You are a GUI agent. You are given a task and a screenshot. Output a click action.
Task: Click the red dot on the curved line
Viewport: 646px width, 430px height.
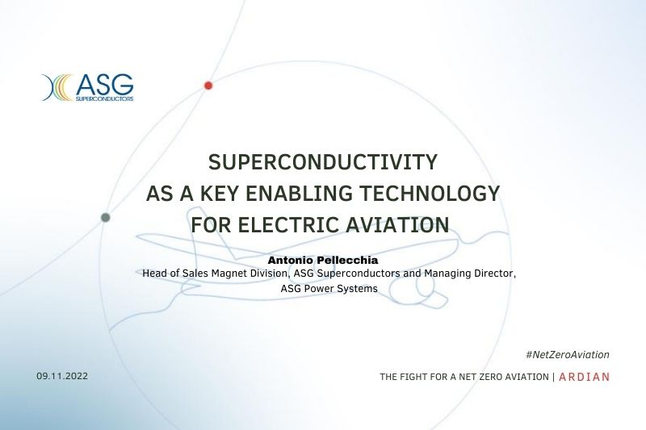coord(208,86)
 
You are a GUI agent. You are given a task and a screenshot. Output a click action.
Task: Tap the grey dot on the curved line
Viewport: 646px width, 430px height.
coord(106,217)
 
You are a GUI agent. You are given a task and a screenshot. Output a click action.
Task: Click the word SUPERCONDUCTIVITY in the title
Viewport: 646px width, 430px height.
coord(322,161)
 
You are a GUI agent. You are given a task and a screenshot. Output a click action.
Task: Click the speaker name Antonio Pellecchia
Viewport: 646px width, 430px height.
coord(323,260)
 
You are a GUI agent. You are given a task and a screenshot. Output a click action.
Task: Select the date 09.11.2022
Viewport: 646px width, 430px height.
coord(62,376)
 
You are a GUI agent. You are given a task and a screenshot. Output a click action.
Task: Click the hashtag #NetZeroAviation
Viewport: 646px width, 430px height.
coord(568,355)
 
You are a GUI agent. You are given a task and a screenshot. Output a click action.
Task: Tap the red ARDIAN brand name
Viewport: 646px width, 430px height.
coord(584,377)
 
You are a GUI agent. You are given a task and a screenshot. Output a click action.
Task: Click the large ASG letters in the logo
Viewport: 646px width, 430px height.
coord(105,85)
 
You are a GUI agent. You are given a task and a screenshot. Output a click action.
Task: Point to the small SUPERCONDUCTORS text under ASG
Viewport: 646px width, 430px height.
coord(105,98)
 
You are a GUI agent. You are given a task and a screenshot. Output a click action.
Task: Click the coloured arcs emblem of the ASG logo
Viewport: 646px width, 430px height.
coord(57,87)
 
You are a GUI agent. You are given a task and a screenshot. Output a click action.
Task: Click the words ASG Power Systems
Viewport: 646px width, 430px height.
coord(329,289)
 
